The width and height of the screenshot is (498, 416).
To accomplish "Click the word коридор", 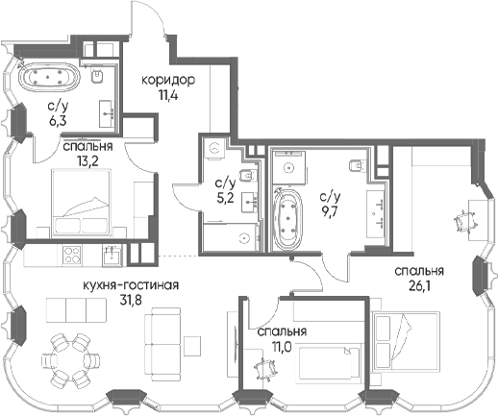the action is click(168, 81).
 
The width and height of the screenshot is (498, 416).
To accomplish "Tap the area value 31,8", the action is click(130, 301).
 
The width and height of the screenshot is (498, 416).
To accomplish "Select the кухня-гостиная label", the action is click(131, 285).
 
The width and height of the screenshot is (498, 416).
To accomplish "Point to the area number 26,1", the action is click(419, 285).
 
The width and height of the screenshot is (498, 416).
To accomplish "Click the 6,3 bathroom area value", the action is click(59, 121).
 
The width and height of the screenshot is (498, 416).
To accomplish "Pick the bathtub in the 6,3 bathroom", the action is click(49, 77).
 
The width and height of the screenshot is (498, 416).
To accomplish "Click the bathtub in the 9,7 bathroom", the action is click(287, 220).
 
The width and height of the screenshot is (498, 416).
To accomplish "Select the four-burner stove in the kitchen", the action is click(71, 255).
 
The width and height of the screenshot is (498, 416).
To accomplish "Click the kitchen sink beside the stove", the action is click(112, 256).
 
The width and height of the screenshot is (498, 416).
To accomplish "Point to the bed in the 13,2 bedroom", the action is click(83, 204).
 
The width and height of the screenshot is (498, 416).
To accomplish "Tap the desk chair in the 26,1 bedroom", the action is click(464, 221).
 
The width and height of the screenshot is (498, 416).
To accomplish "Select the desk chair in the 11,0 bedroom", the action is click(265, 369).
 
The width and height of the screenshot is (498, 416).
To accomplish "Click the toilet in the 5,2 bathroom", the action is click(247, 175).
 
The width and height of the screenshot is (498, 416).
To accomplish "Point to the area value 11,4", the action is click(168, 95).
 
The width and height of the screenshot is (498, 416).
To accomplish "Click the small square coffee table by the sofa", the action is click(192, 346).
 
